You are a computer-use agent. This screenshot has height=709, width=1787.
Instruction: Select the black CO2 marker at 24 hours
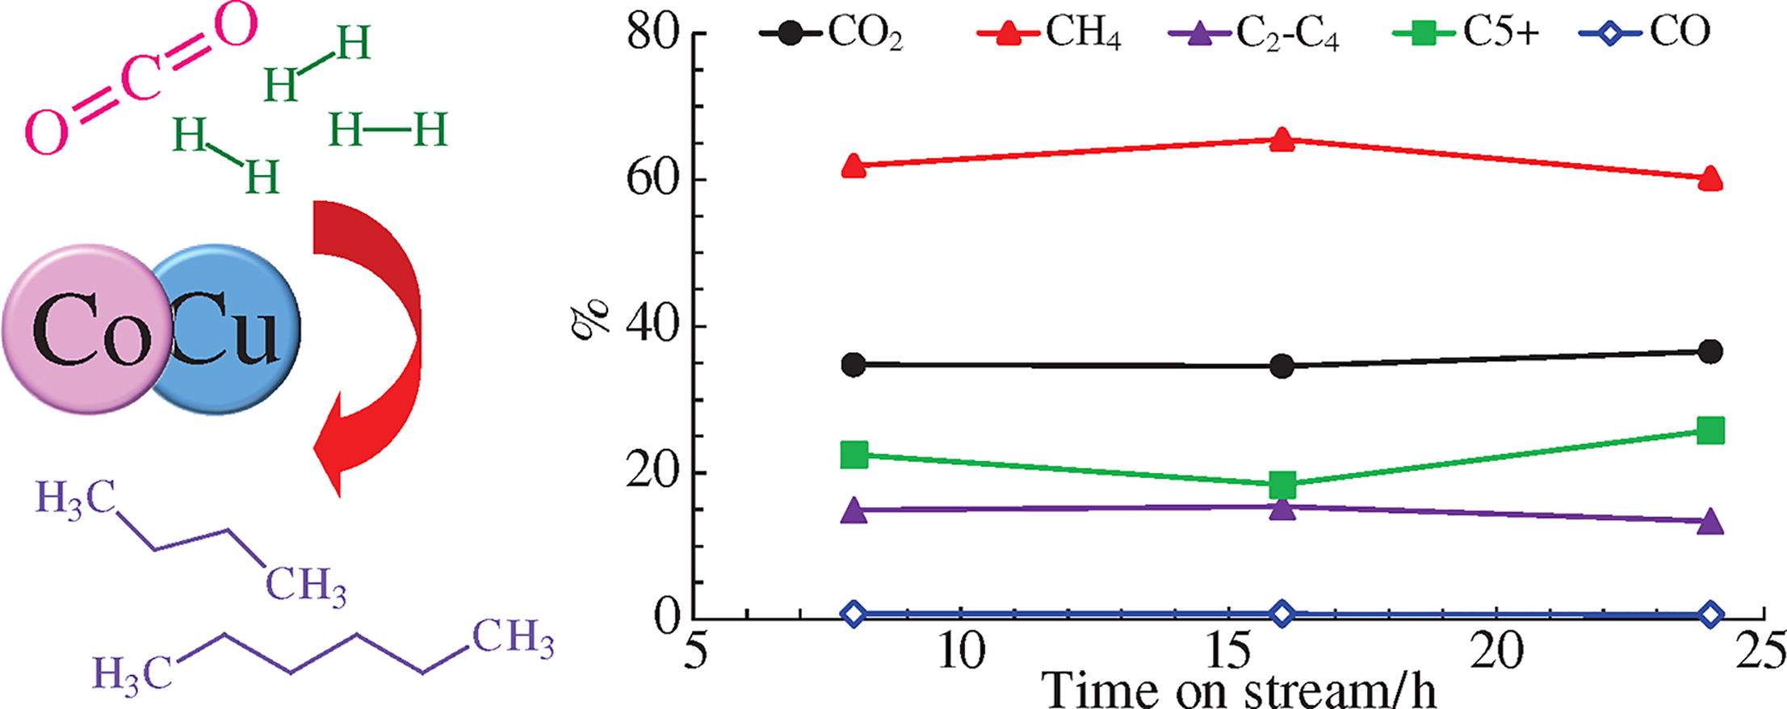click(x=1710, y=351)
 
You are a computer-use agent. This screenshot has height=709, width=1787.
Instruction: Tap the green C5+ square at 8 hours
click(x=854, y=455)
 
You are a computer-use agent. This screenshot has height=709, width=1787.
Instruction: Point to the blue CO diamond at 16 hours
click(x=1282, y=614)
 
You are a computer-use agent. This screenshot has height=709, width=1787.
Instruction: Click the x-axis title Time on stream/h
click(x=1244, y=690)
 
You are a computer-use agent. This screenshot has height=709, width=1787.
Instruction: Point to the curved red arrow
click(x=375, y=339)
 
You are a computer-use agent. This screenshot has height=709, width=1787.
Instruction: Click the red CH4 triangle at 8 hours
click(x=854, y=166)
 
